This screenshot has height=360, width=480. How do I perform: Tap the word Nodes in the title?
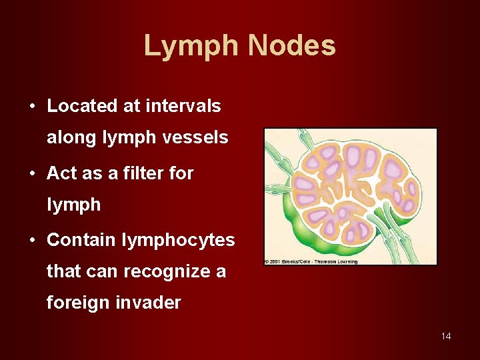(292, 47)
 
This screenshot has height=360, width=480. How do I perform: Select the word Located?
(83, 106)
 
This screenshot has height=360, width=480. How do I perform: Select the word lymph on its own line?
(73, 205)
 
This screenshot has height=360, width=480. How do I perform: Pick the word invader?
(150, 303)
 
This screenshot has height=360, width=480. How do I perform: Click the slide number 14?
(446, 336)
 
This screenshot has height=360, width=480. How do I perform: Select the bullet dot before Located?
(32, 107)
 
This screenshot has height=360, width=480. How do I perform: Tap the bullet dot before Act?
(32, 174)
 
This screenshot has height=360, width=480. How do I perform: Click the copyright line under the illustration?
(311, 261)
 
